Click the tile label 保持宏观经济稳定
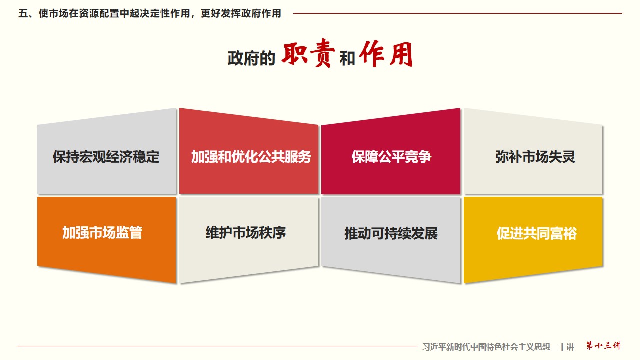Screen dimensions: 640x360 (106, 157)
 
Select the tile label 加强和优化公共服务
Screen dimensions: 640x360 (251, 157)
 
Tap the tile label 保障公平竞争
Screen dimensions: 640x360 (391, 157)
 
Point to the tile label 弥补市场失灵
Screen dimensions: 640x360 (535, 157)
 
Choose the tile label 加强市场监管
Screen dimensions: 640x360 (102, 232)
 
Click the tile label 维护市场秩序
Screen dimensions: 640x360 (245, 232)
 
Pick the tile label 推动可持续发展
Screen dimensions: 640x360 (391, 233)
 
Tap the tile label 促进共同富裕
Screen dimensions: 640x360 (537, 233)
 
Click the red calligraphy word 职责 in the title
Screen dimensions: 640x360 (308, 53)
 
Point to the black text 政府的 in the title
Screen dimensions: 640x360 (251, 59)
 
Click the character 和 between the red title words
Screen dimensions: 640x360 (347, 59)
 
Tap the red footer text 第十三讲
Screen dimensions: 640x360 (603, 345)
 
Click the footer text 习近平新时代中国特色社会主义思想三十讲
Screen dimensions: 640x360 (498, 347)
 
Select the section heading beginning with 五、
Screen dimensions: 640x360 (150, 13)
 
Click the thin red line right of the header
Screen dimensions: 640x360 (457, 13)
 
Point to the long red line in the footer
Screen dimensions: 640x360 (217, 346)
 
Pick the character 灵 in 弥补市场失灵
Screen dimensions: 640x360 (568, 157)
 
